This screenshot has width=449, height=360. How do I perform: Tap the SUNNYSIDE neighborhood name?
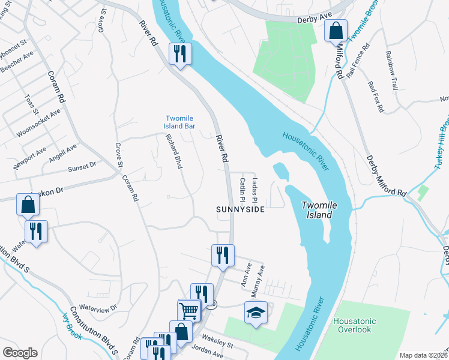[x=240, y=209]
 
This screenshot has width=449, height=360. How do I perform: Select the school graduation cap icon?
[x=255, y=313]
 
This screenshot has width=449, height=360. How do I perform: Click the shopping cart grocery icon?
[x=188, y=310]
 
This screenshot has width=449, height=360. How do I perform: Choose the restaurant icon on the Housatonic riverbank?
[x=180, y=54]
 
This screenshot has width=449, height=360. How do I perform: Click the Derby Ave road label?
[x=315, y=20]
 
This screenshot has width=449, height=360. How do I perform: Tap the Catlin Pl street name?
[x=243, y=188]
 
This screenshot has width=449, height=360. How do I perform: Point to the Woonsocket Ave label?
[x=39, y=123]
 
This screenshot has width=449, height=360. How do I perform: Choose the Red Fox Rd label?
[x=375, y=98]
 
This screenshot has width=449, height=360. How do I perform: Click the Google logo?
[x=20, y=353]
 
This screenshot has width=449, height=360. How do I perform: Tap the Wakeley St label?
[x=217, y=345]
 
